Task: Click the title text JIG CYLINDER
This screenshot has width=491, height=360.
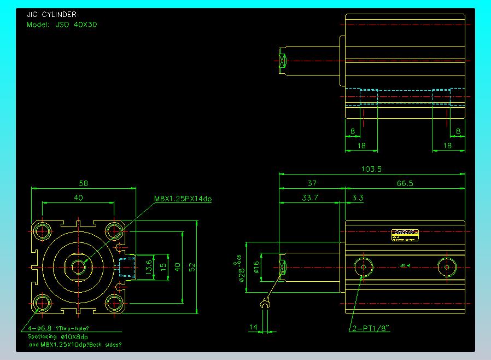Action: tap(51, 15)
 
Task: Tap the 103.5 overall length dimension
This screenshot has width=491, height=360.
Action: tap(371, 170)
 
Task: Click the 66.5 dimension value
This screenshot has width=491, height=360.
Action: tap(405, 184)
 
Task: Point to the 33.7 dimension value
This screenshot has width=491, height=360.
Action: tap(309, 198)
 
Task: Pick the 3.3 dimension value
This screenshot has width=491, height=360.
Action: tap(358, 198)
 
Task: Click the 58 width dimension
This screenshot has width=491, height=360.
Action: tap(83, 183)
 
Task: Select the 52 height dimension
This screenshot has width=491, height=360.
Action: tap(192, 266)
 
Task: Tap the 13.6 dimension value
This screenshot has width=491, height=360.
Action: tap(148, 266)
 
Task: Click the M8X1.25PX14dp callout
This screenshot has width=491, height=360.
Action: tap(183, 199)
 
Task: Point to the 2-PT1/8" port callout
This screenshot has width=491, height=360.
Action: tap(370, 328)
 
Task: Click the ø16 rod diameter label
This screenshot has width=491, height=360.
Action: tap(255, 267)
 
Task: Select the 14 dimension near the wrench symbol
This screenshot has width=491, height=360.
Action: tap(253, 327)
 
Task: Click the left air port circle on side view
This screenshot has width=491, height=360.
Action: tap(362, 267)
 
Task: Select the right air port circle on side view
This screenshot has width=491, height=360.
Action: tap(447, 267)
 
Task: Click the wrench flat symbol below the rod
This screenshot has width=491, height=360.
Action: tap(266, 303)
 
